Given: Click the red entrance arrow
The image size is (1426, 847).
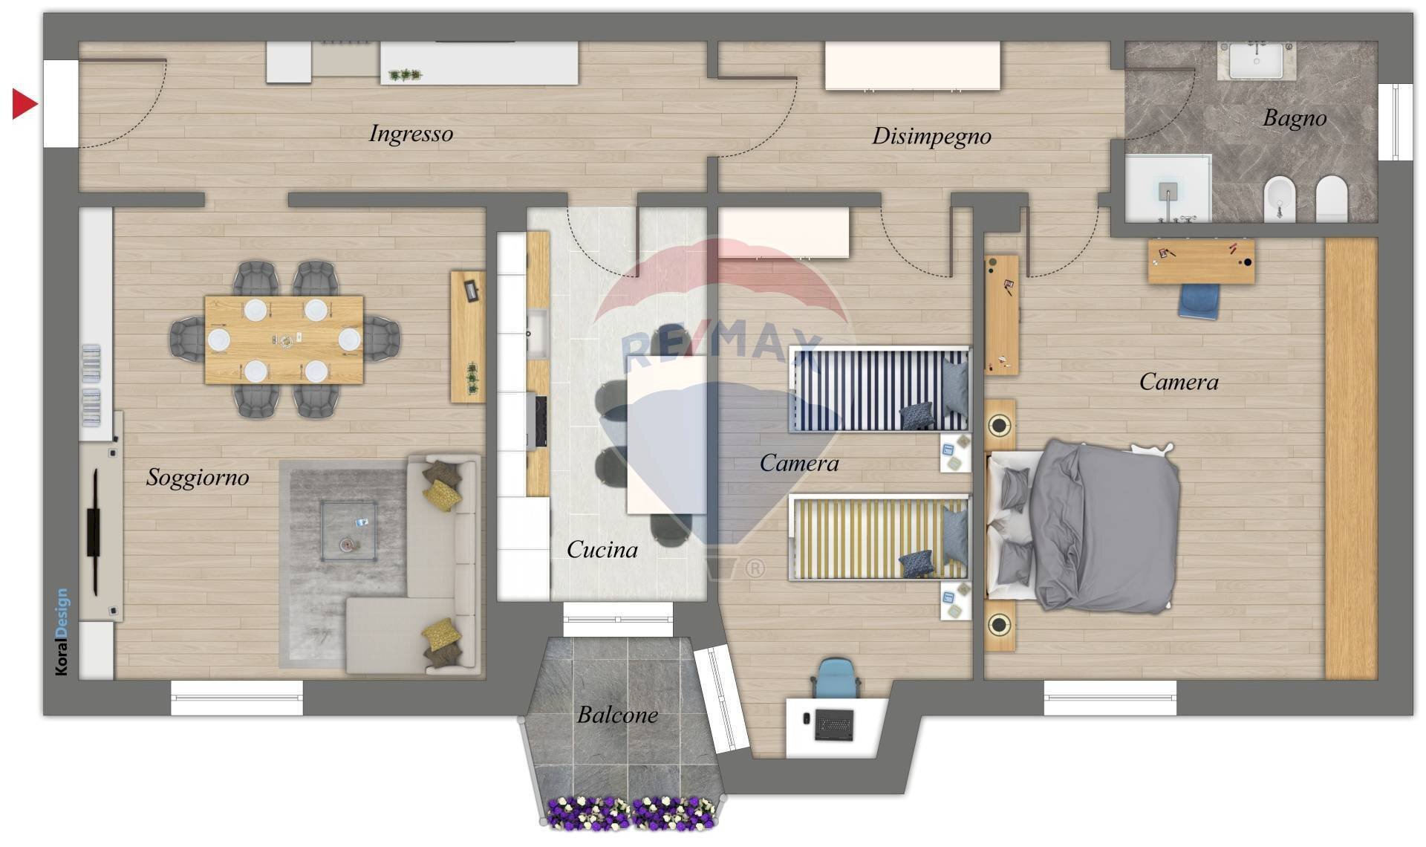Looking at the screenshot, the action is click(x=25, y=104).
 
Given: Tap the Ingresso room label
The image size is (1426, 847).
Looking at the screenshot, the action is click(x=411, y=134).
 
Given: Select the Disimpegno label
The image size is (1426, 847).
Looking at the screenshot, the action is click(x=931, y=136).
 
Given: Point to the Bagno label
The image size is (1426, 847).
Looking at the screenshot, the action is click(x=1295, y=118).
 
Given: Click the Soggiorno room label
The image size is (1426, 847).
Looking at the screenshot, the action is click(x=198, y=477).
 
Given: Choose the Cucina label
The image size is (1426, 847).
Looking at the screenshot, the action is click(x=602, y=550).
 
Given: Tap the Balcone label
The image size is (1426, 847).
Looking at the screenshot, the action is click(x=617, y=715).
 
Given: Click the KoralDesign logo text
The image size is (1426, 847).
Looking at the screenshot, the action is click(x=62, y=632).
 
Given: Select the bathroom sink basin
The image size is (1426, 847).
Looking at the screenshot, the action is click(x=1256, y=60).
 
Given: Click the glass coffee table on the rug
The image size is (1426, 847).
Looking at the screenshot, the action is click(x=349, y=530).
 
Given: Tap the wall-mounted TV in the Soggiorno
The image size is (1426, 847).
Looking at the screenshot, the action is click(x=94, y=532).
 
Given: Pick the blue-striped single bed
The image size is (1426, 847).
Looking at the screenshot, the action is click(x=879, y=389).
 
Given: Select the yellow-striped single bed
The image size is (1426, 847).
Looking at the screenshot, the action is click(x=879, y=538).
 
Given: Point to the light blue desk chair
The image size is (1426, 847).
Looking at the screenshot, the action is click(x=836, y=677).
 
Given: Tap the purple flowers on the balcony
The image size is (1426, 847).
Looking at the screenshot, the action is click(x=632, y=814).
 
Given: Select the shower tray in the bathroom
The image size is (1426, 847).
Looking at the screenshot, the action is click(x=1168, y=189).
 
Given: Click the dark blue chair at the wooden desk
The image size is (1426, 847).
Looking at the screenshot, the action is click(x=1199, y=301).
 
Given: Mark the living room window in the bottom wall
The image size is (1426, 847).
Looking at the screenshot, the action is click(x=237, y=698).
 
